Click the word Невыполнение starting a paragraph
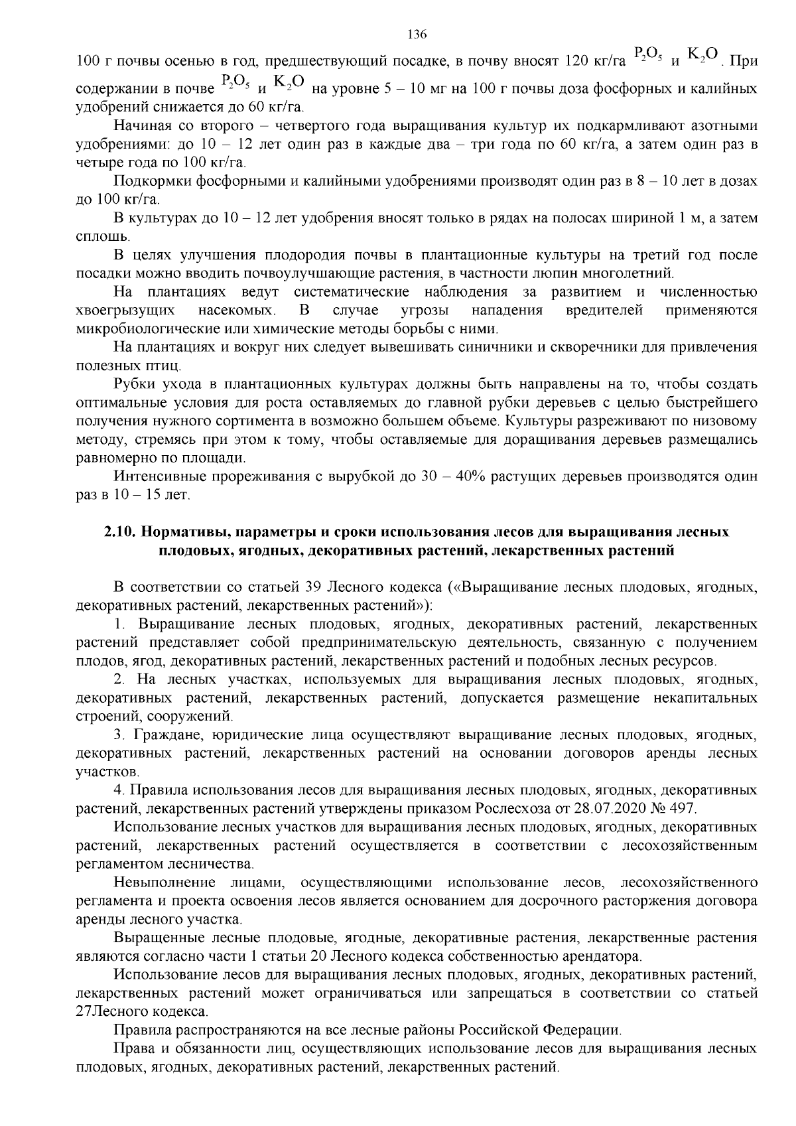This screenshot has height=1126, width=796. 165,882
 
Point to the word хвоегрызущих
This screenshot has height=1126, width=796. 125,310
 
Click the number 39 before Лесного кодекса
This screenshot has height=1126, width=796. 314,587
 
